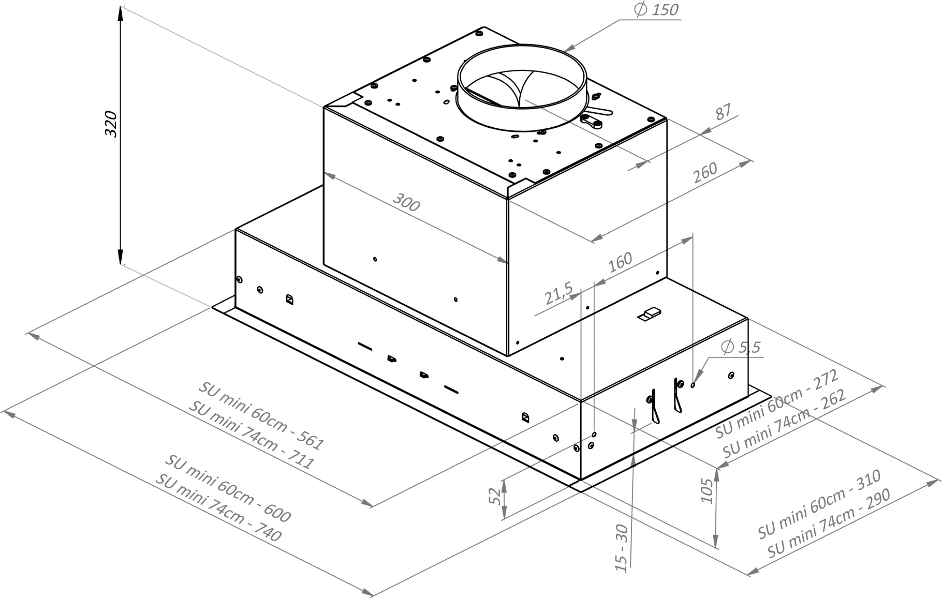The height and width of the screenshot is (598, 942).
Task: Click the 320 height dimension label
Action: pyautogui.click(x=111, y=124)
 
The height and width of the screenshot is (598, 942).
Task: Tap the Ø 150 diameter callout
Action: pyautogui.click(x=656, y=10)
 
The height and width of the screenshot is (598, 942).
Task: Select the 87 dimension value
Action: pyautogui.click(x=724, y=112)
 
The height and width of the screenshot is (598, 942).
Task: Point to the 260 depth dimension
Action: pyautogui.click(x=705, y=172)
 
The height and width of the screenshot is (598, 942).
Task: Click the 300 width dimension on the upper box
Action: pyautogui.click(x=406, y=202)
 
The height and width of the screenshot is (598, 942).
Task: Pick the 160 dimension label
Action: pyautogui.click(x=620, y=262)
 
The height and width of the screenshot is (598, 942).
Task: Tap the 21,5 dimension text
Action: pyautogui.click(x=558, y=293)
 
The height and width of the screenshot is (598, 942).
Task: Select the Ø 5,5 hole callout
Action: pyautogui.click(x=741, y=347)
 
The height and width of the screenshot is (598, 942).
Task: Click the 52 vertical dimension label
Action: pyautogui.click(x=495, y=495)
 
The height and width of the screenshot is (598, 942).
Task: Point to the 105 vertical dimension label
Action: pyautogui.click(x=707, y=490)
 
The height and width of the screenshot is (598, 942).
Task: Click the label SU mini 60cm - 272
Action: pyautogui.click(x=776, y=405)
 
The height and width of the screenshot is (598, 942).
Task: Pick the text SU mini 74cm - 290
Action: pyautogui.click(x=829, y=523)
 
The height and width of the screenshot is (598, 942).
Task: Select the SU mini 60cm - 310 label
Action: pyautogui.click(x=819, y=504)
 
